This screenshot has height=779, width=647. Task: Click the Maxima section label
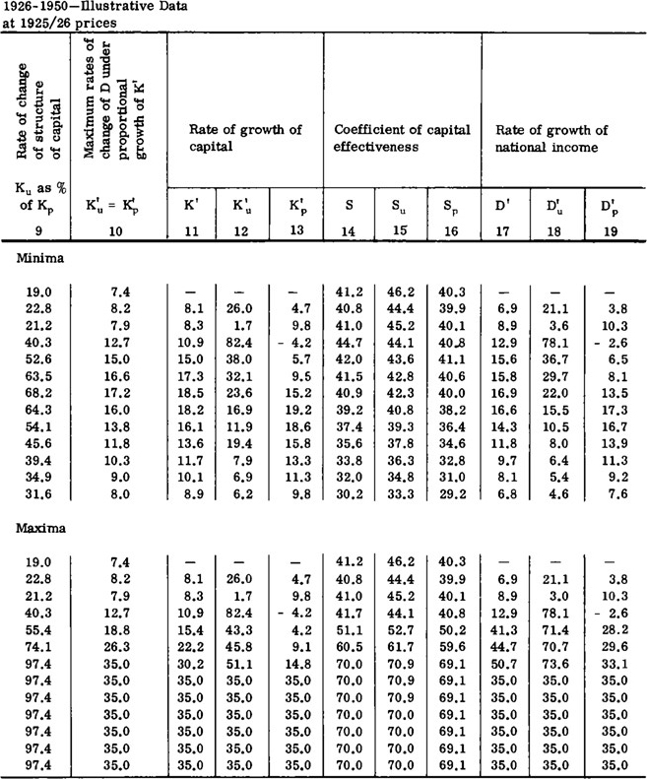pyautogui.click(x=36, y=529)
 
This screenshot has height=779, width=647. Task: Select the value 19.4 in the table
pyautogui.click(x=244, y=442)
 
